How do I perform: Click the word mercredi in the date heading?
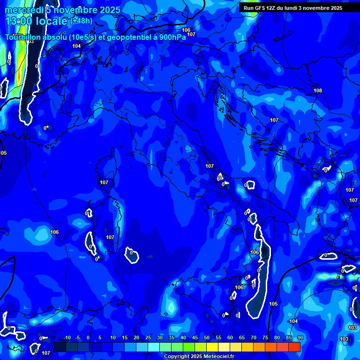pyautogui.click(x=21, y=10)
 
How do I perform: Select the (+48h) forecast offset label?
pyautogui.click(x=81, y=21)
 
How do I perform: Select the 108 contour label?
pyautogui.click(x=318, y=90)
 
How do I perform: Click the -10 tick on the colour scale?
pyautogui.click(x=67, y=338)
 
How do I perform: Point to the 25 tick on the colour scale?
pyautogui.click(x=148, y=338)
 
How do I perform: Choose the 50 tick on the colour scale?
pyautogui.click(x=207, y=338)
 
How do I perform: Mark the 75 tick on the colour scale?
pyautogui.click(x=265, y=338)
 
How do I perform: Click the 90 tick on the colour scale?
pyautogui.click(x=300, y=338)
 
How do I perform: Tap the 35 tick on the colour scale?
pyautogui.click(x=171, y=338)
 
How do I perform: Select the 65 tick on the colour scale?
pyautogui.click(x=242, y=338)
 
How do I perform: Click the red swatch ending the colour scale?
pyautogui.click(x=294, y=347)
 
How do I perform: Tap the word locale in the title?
pyautogui.click(x=52, y=21)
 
